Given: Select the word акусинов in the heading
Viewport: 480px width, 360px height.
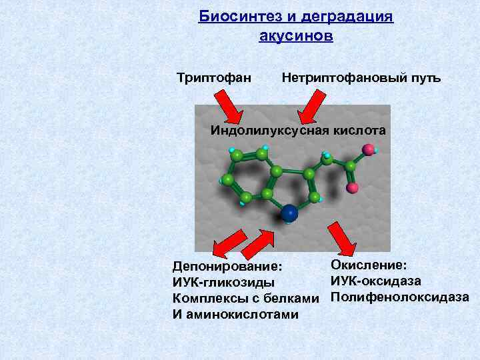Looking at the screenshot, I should click(295, 35).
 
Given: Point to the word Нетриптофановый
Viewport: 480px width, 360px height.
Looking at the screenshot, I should click(341, 79).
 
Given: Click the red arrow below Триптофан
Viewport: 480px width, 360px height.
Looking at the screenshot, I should click(231, 106).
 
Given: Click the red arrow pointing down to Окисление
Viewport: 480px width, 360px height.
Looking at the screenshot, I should click(342, 238).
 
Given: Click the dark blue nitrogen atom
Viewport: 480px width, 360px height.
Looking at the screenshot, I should click(289, 213).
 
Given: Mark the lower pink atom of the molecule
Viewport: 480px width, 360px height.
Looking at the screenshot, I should click(353, 187).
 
